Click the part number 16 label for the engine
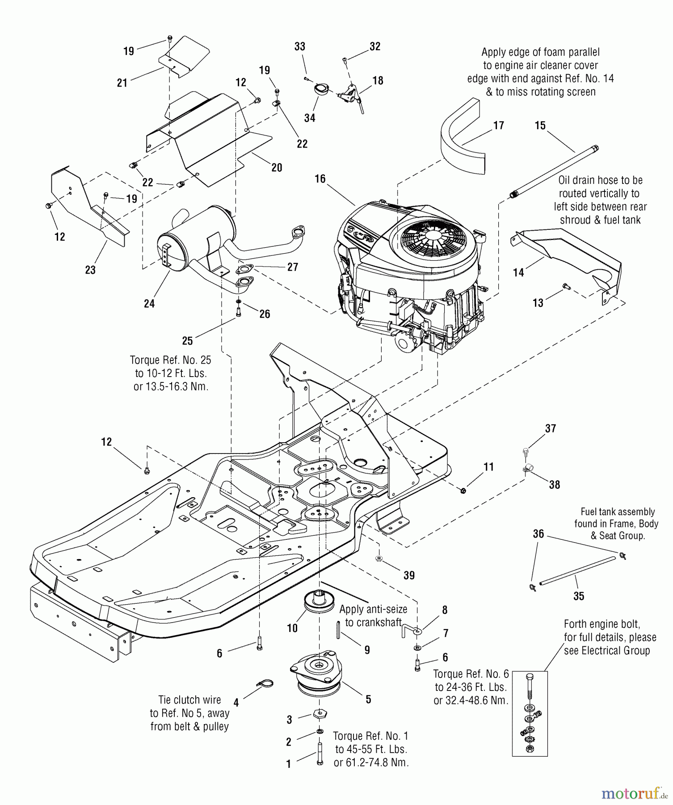tap(320, 179)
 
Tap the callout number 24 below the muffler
tap(149, 304)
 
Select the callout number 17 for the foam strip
tap(498, 126)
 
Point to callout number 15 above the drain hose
tap(540, 126)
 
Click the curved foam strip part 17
tap(463, 139)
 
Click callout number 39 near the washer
tap(409, 576)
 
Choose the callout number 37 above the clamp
tap(551, 428)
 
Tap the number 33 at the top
tap(300, 47)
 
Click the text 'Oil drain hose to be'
tap(600, 181)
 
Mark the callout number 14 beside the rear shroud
tap(518, 272)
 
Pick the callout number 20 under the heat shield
tap(277, 168)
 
